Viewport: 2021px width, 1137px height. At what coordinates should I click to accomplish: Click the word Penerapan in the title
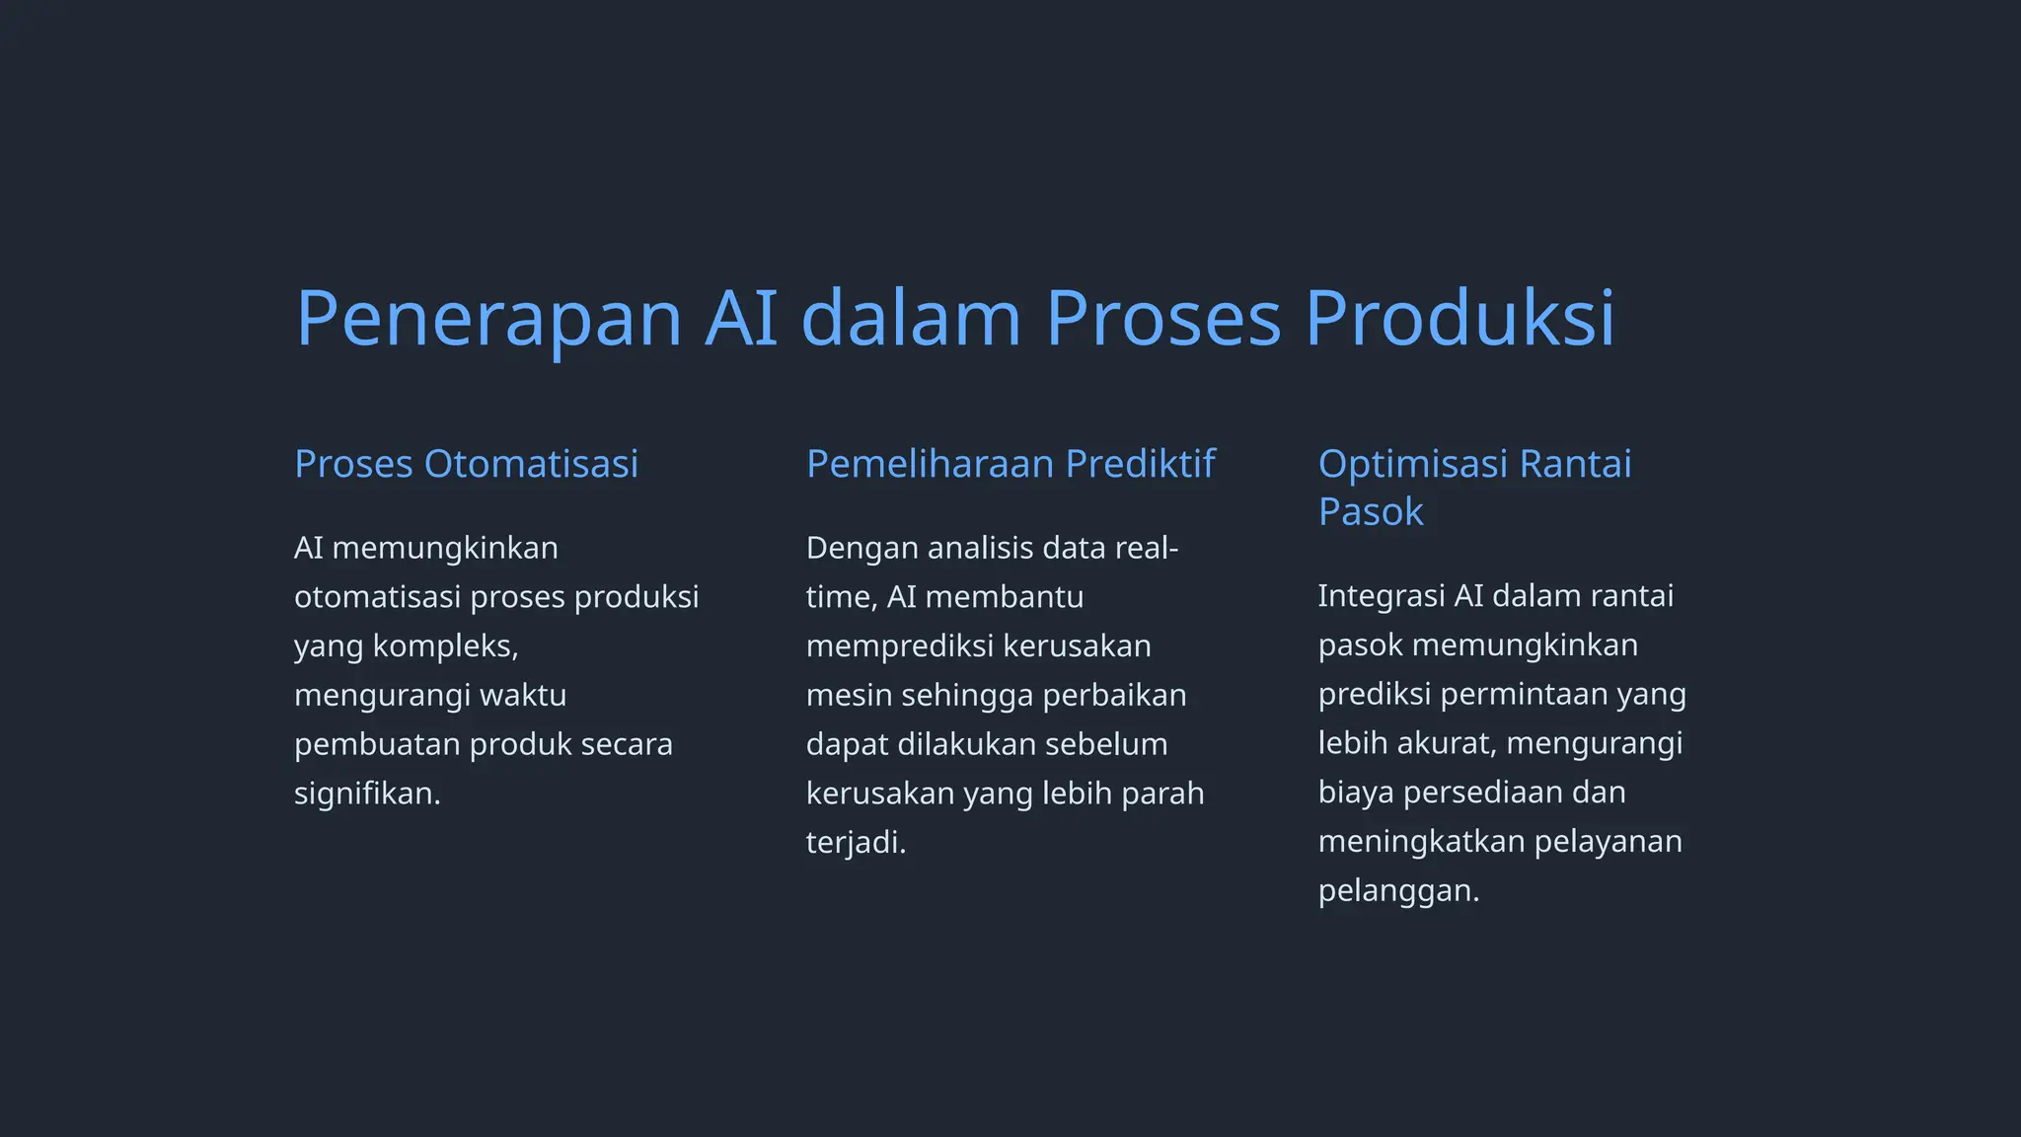(488, 319)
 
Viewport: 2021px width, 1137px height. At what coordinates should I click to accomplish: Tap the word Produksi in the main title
(1460, 319)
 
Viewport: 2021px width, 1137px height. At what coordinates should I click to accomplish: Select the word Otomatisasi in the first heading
(531, 464)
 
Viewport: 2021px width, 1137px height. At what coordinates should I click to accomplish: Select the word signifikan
(366, 794)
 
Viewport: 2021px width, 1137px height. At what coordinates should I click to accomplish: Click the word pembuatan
(377, 744)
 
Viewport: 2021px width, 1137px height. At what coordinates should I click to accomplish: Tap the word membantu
(1005, 597)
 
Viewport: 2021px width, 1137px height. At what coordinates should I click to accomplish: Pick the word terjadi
(855, 843)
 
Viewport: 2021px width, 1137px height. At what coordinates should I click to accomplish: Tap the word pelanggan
(1397, 891)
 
